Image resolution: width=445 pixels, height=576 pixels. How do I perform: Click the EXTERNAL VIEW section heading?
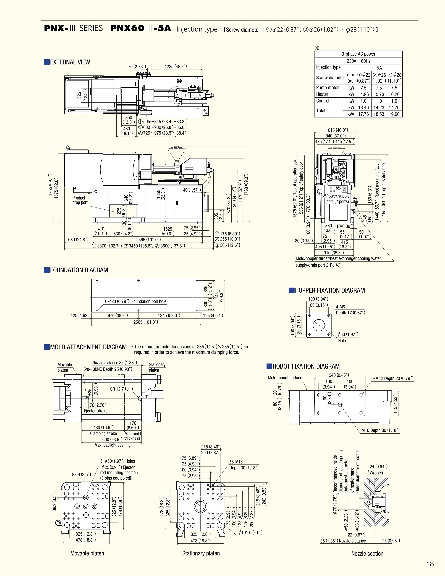coord(70,62)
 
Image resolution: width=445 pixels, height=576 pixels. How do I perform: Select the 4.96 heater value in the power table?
coord(363,94)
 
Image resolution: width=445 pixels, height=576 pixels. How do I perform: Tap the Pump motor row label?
coord(327,88)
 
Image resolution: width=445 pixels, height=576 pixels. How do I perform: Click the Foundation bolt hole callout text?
coord(136,301)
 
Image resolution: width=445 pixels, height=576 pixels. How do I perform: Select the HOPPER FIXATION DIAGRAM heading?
coord(329,290)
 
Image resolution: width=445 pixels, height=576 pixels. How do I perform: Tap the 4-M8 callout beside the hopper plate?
coord(340,307)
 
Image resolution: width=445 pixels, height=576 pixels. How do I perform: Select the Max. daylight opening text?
coord(112,445)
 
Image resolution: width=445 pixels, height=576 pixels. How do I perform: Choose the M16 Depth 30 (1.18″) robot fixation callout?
coord(380,430)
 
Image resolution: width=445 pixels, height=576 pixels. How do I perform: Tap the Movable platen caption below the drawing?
coord(87,553)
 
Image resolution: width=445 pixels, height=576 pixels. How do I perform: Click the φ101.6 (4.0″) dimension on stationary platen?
coord(250,532)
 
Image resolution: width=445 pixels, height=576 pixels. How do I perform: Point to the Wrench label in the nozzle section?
coord(376,473)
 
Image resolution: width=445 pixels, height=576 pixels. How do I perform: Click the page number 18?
coord(430,564)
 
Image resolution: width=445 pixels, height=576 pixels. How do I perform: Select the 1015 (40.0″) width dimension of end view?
coord(337,130)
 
